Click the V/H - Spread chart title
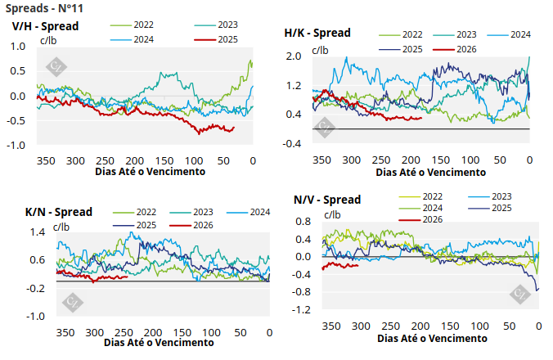click(x=45, y=25)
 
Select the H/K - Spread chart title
click(x=317, y=34)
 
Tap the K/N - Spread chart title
click(x=59, y=212)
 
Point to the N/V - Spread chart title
click(x=327, y=200)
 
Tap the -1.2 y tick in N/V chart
click(x=302, y=310)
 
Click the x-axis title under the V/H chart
click(x=151, y=172)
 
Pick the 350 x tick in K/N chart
click(x=65, y=333)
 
